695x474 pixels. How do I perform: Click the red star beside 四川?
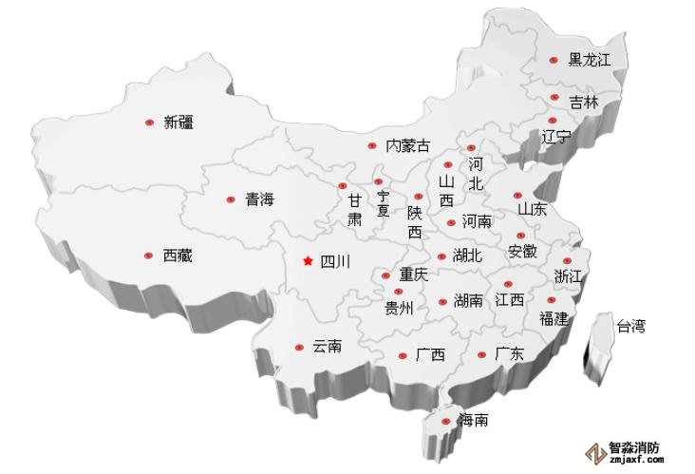(x=306, y=260)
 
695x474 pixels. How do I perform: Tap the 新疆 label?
(x=178, y=123)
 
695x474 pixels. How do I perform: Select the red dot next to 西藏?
(x=148, y=255)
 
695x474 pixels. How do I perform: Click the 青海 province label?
(x=259, y=199)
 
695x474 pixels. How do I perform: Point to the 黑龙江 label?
(x=589, y=60)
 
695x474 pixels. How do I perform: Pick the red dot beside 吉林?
(x=554, y=97)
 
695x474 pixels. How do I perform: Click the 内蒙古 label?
(x=407, y=146)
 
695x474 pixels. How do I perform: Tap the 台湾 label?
(x=630, y=327)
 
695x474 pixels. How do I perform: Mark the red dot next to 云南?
(x=299, y=348)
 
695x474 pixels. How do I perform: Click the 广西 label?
(x=430, y=356)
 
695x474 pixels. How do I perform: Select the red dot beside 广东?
(x=481, y=355)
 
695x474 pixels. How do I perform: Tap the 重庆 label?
(x=413, y=275)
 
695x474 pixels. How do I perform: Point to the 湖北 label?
(x=467, y=256)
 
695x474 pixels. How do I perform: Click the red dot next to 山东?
(x=517, y=195)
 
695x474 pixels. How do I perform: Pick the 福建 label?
(x=553, y=318)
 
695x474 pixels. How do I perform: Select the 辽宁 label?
(x=556, y=136)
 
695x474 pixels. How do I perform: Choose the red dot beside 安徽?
(x=520, y=236)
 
